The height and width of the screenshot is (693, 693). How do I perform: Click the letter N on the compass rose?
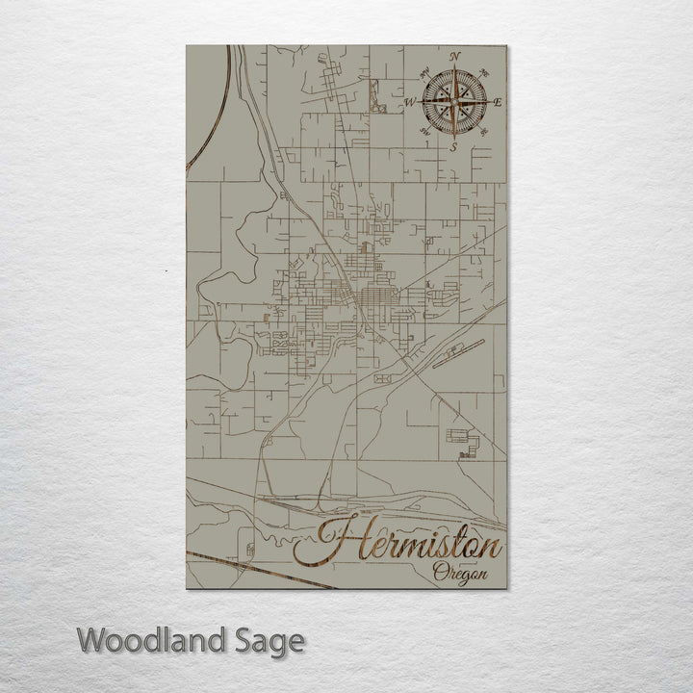[x=454, y=56]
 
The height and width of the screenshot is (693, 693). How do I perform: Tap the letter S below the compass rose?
[x=453, y=147]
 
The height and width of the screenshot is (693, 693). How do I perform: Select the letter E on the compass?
[x=498, y=101]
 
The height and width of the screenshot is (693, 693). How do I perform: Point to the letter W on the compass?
[x=409, y=101]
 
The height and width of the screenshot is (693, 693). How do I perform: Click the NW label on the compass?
[x=423, y=71]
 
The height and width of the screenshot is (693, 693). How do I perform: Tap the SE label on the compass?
[x=483, y=131]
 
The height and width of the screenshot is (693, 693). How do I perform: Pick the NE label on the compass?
[x=484, y=71]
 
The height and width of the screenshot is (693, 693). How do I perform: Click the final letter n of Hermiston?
[x=491, y=549]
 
